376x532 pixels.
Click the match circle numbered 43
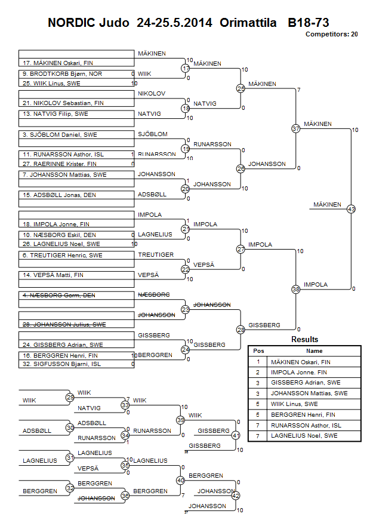[351, 209]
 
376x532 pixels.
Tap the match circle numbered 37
[295, 128]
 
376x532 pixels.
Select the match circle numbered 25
[241, 89]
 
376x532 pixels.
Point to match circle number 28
[241, 330]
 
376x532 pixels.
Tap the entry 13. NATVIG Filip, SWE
[56, 113]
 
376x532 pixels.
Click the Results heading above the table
[304, 340]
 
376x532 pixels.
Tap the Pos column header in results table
[259, 351]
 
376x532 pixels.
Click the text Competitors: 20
[331, 35]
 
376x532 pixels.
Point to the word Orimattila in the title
[248, 23]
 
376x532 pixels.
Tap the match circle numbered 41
[236, 436]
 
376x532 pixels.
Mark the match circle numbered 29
[70, 397]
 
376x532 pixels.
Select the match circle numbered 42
[236, 496]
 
